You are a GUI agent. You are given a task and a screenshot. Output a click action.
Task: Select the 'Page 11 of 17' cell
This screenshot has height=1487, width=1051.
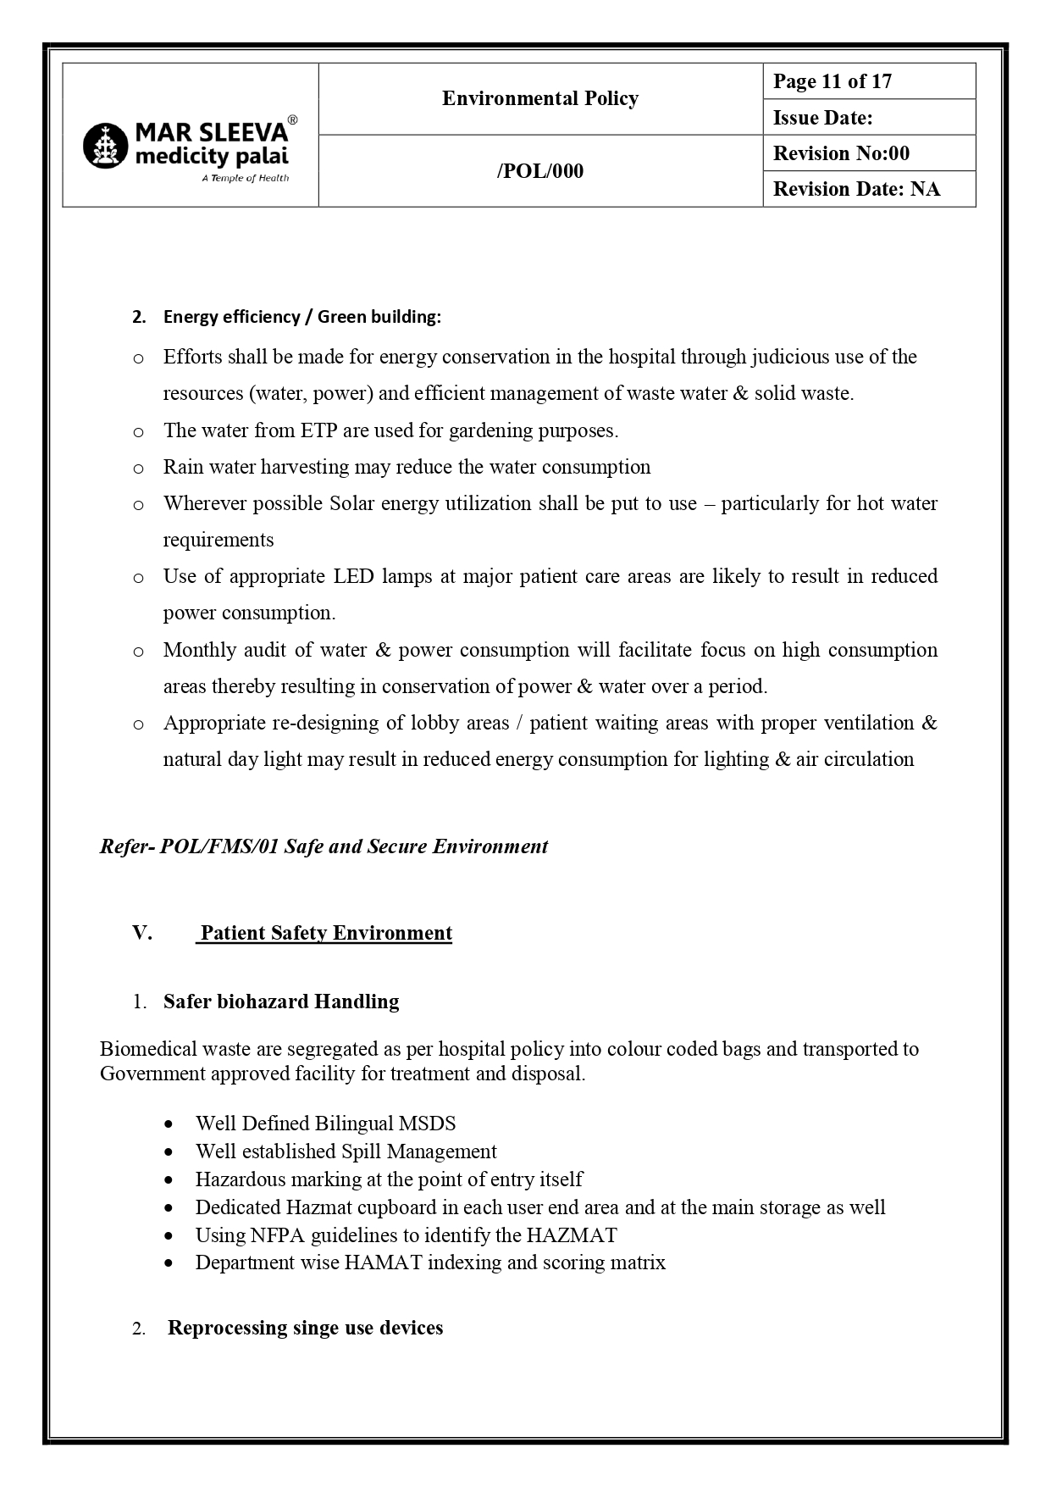tap(832, 81)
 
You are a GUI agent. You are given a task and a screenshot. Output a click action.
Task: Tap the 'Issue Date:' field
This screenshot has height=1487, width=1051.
tap(822, 118)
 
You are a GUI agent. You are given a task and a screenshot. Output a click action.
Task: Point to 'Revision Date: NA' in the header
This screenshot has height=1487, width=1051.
tap(855, 189)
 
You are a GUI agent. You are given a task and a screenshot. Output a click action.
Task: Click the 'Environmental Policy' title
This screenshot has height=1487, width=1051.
tap(539, 98)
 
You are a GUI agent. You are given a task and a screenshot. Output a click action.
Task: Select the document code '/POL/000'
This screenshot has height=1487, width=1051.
tap(539, 171)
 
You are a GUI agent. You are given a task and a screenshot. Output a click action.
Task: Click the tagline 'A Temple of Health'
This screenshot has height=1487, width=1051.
tap(245, 178)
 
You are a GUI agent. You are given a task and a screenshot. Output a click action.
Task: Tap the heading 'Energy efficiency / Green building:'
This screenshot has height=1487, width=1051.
tap(301, 317)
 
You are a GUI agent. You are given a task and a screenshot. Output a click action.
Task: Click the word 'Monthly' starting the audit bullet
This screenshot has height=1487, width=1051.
tap(199, 650)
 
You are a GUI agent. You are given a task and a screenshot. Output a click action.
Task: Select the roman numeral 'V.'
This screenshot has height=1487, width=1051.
tap(141, 933)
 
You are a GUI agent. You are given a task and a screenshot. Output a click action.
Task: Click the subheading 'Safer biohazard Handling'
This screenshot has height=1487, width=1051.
tap(281, 1002)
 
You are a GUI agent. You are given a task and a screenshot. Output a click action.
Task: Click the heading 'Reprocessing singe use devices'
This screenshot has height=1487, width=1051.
tap(305, 1328)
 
